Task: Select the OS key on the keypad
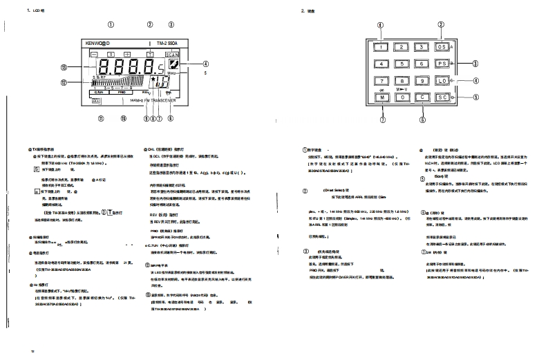pyautogui.click(x=442, y=47)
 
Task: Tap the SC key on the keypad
pyautogui.click(x=442, y=98)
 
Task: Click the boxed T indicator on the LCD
pyautogui.click(x=149, y=53)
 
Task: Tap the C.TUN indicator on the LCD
pyautogui.click(x=99, y=91)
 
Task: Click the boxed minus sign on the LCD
pyautogui.click(x=94, y=53)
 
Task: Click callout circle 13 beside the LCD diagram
pyautogui.click(x=64, y=68)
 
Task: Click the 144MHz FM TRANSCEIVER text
pyautogui.click(x=153, y=101)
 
